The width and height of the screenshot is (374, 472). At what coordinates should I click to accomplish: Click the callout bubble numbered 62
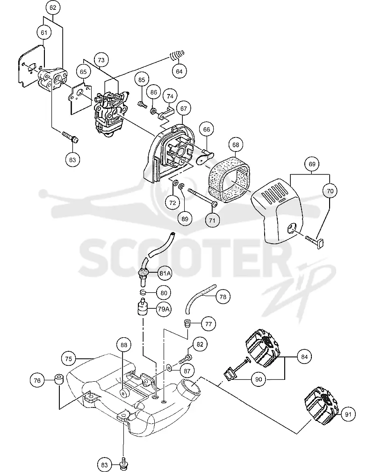[x=53, y=8]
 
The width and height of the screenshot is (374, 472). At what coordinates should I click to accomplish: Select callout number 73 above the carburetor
[x=101, y=60]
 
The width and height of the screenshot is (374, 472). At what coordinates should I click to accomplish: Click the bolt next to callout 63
[x=71, y=137]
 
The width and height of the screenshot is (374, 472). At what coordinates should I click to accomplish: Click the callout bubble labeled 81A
[x=165, y=273]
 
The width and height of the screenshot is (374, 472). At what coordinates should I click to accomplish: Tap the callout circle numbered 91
[x=348, y=414]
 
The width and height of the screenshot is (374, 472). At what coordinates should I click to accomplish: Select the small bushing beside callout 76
[x=58, y=379]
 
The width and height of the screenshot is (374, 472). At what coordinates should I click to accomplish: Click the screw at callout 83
[x=124, y=462]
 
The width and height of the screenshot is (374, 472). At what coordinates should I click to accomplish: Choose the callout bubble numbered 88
[x=124, y=345]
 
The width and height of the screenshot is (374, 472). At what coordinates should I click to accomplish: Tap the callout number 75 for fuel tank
[x=69, y=359]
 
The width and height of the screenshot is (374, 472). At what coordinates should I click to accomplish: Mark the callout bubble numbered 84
[x=304, y=357]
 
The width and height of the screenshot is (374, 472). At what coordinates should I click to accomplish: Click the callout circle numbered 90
[x=259, y=379]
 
